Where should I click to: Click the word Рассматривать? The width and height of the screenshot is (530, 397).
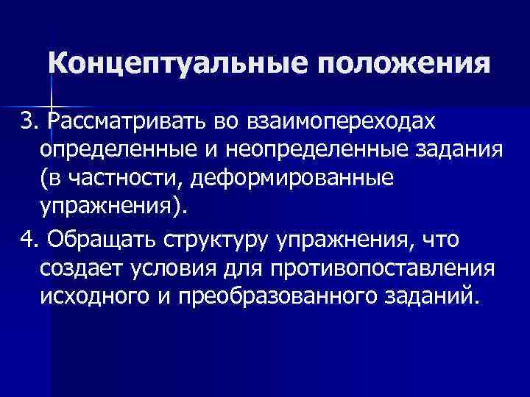[128, 119]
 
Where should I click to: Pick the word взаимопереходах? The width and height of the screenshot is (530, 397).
[343, 119]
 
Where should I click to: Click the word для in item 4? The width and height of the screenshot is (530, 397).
[245, 269]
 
